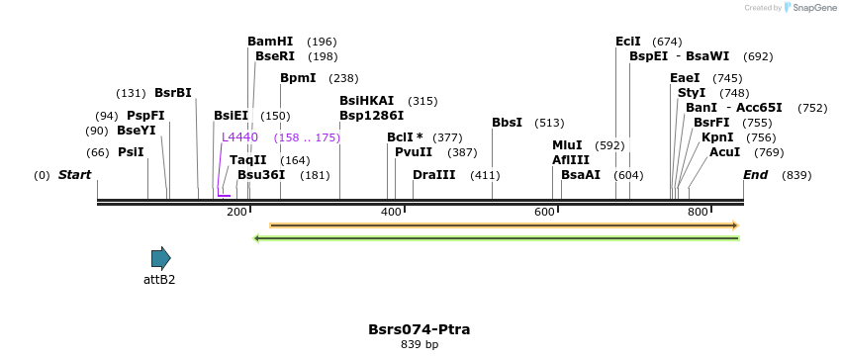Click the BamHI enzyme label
[x=270, y=42]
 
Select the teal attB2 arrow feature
[x=160, y=258]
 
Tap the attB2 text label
[x=159, y=280]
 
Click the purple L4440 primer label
[x=239, y=137]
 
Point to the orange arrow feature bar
[x=504, y=225]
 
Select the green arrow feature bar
[x=497, y=237]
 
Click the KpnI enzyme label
[x=717, y=137]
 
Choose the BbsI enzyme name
[x=507, y=123]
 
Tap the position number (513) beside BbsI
[x=549, y=123]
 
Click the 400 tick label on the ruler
[x=392, y=212]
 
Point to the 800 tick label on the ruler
[x=699, y=212]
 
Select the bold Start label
[x=74, y=175]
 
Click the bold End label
[x=755, y=175]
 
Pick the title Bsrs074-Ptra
[x=419, y=328]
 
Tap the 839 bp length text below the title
[x=419, y=344]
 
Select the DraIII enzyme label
[x=434, y=175]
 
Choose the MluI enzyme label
[x=567, y=144]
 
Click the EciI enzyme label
[x=627, y=42]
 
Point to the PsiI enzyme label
[x=131, y=152]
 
